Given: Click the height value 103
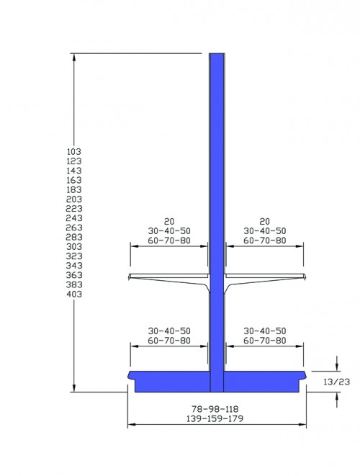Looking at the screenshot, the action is [x=74, y=151].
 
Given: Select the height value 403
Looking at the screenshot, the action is [x=74, y=294].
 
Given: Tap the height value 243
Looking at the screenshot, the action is [x=74, y=218].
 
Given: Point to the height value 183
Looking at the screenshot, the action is [x=74, y=189].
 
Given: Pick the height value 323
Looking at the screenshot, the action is [x=74, y=256].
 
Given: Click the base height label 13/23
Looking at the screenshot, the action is [x=337, y=382].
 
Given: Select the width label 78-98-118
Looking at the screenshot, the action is [x=215, y=409].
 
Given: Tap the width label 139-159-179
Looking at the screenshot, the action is [x=215, y=418].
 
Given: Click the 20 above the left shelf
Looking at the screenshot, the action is [x=169, y=222].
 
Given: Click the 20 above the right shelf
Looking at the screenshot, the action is [x=265, y=222].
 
